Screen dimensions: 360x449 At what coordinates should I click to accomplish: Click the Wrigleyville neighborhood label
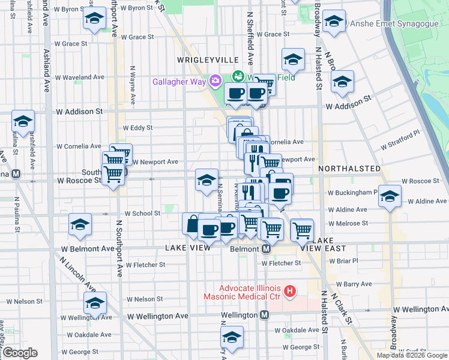(x=207, y=60)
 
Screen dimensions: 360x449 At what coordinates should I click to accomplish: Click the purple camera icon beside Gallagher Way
(x=214, y=80)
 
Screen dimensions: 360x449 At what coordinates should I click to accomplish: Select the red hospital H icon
(x=290, y=292)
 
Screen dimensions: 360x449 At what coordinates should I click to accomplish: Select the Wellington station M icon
(x=264, y=315)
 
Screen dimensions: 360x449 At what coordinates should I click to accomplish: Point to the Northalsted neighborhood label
(x=349, y=169)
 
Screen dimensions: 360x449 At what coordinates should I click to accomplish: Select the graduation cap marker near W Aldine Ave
(x=390, y=196)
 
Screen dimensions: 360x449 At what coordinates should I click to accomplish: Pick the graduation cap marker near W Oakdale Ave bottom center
(x=232, y=337)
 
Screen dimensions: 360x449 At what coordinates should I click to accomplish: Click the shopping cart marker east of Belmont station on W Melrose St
(x=302, y=229)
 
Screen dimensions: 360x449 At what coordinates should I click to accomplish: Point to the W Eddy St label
(x=137, y=128)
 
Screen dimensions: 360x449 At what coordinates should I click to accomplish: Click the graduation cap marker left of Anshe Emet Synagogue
(x=333, y=23)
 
